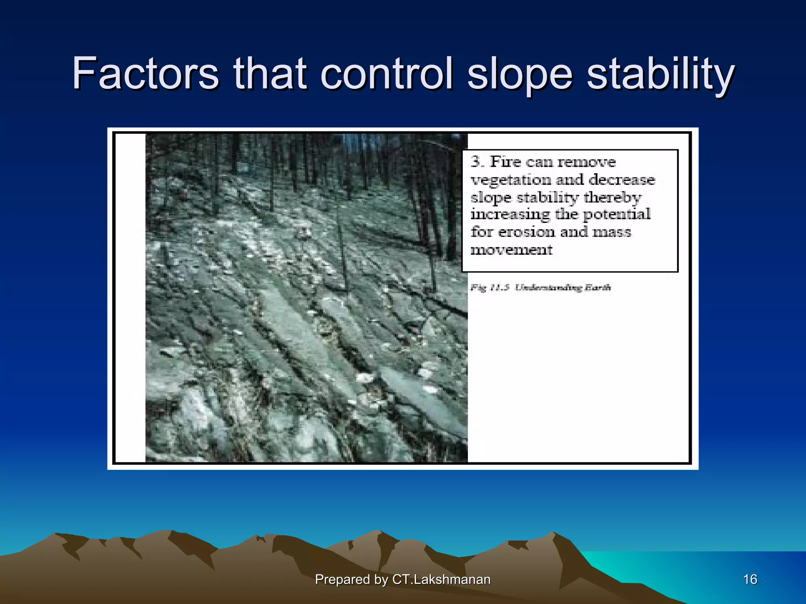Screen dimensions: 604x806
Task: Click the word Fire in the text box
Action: pyautogui.click(x=505, y=162)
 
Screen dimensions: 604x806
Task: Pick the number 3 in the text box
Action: pyautogui.click(x=476, y=162)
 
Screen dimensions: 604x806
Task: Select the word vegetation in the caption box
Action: pyautogui.click(x=511, y=180)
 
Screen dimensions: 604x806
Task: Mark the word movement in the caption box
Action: pyautogui.click(x=512, y=250)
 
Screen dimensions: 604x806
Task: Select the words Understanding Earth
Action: pyautogui.click(x=563, y=287)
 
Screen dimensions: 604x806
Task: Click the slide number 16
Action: pyautogui.click(x=750, y=579)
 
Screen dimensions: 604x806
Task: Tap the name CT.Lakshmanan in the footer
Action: pyautogui.click(x=442, y=579)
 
